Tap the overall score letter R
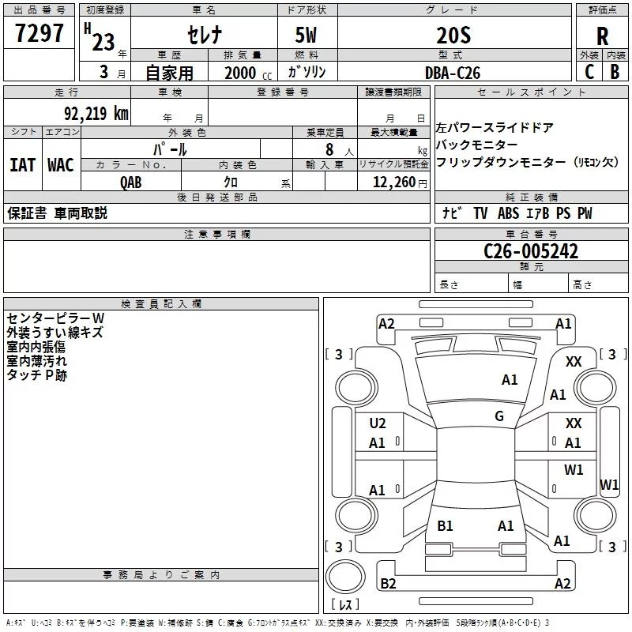(x=603, y=36)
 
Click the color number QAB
(x=131, y=182)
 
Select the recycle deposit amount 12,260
(x=391, y=182)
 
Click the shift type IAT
(x=22, y=165)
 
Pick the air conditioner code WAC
(x=60, y=165)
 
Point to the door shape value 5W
(x=307, y=34)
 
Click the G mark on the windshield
(x=499, y=416)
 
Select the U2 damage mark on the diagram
(x=378, y=423)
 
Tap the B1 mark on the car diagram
(x=445, y=525)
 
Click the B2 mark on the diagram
(x=388, y=584)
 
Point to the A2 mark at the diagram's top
(x=386, y=323)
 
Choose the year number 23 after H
(x=103, y=42)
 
